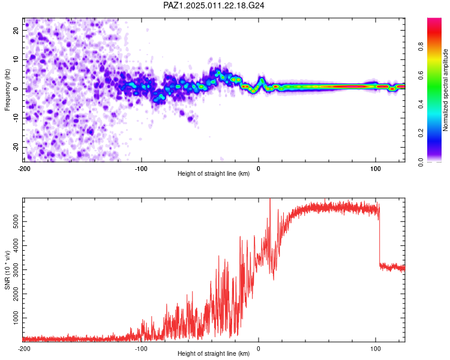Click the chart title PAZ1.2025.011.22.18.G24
[214, 5]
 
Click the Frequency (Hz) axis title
[7, 90]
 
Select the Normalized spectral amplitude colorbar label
[445, 90]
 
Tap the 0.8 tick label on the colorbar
[421, 46]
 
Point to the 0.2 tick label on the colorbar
[421, 133]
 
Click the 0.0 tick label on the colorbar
[421, 162]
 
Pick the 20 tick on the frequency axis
[16, 30]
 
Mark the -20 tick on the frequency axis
[16, 147]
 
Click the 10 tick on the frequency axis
[16, 59]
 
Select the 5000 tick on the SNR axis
[16, 221]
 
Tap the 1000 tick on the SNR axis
[16, 318]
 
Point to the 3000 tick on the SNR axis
[16, 269]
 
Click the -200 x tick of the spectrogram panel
[24, 169]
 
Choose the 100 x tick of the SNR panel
[376, 349]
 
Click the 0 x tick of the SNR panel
[259, 349]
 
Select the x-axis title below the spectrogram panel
[214, 173]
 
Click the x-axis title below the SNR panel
[214, 353]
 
